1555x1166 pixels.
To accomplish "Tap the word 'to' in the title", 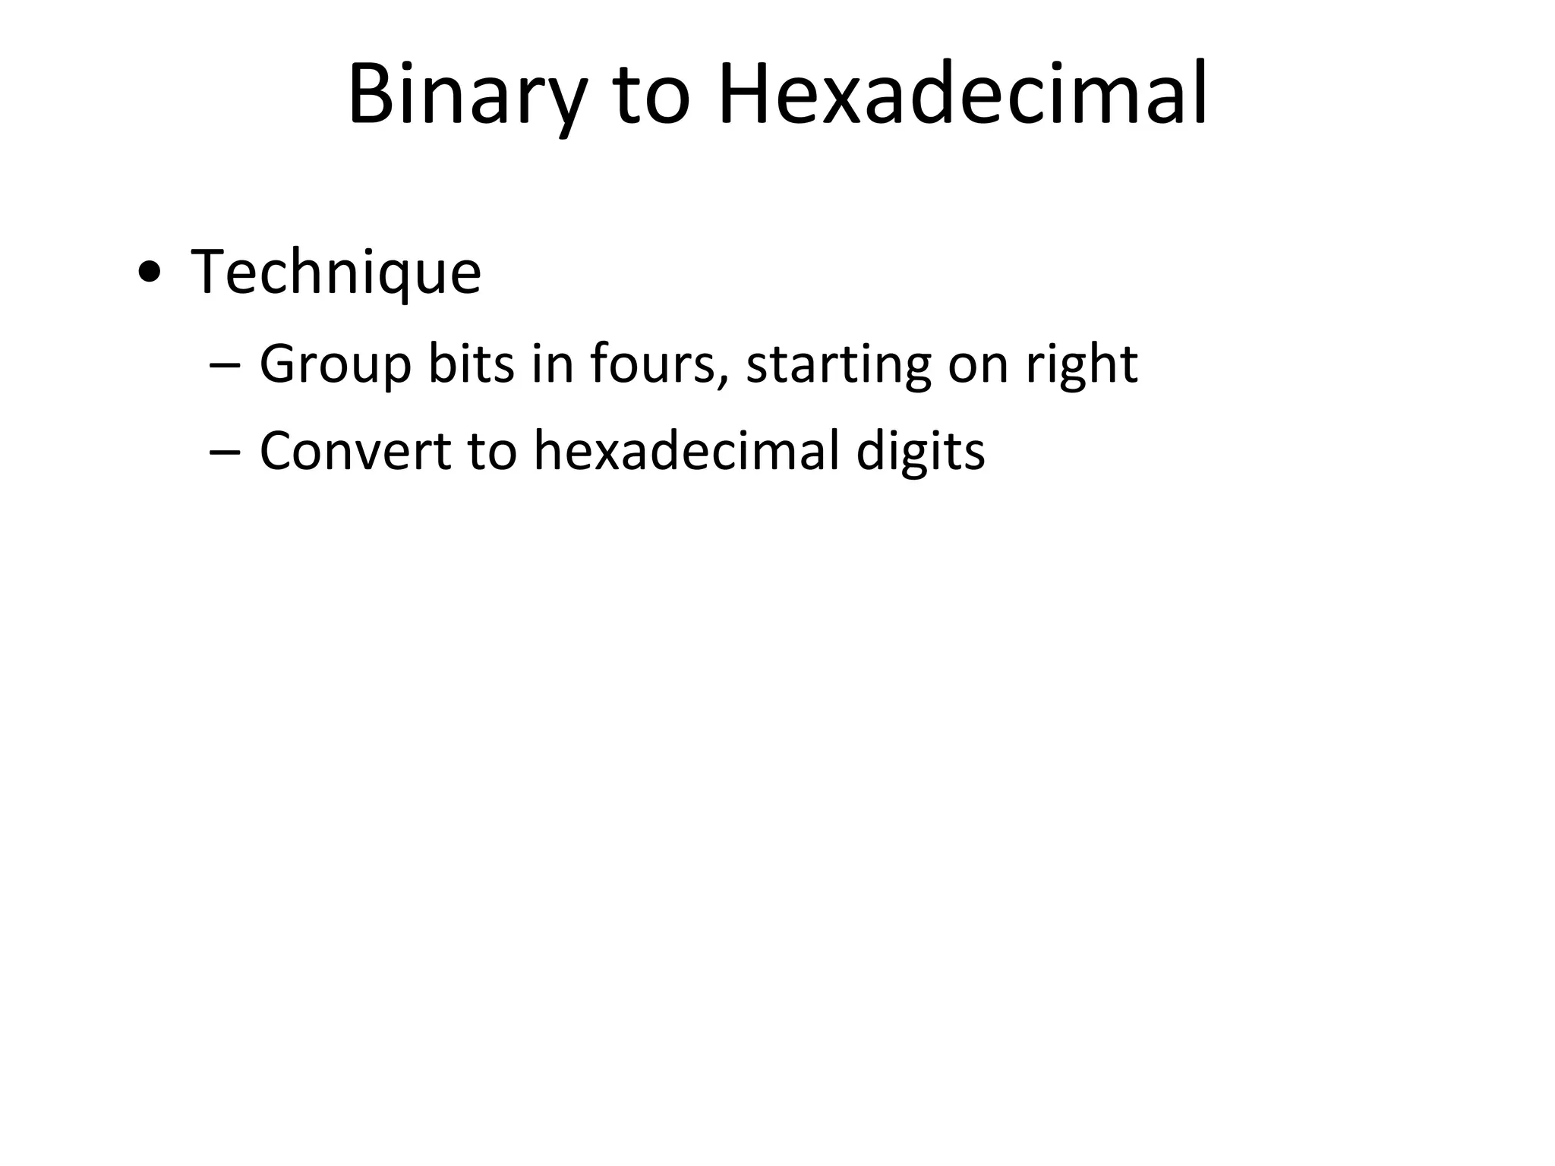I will (x=652, y=96).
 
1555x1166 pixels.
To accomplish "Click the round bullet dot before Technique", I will (x=150, y=274).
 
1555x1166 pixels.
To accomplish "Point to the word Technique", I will (x=336, y=273).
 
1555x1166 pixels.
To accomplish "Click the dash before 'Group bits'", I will (x=224, y=366).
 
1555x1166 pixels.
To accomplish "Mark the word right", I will (x=1081, y=365).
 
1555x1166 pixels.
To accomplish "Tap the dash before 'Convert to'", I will (x=224, y=452).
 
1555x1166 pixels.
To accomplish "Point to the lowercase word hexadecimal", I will (x=686, y=451).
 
